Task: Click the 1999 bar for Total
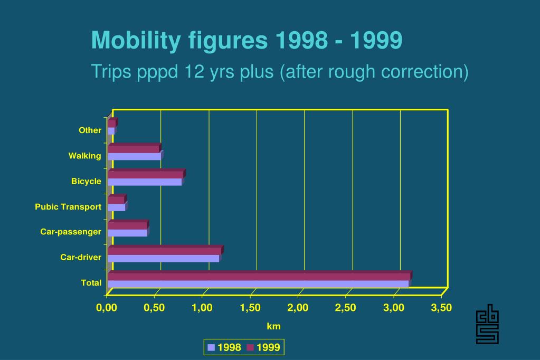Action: tap(259, 277)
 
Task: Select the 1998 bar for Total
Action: tap(258, 284)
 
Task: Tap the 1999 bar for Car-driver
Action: tap(164, 251)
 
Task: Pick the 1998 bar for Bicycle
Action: tap(145, 182)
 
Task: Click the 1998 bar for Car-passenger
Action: tap(127, 233)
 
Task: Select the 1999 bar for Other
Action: tap(111, 124)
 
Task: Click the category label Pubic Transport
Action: tap(68, 207)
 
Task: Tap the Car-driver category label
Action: tap(81, 258)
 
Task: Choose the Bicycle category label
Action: tap(86, 182)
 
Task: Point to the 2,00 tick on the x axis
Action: tap(298, 308)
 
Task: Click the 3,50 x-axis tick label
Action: tap(441, 308)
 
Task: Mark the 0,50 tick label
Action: tap(154, 308)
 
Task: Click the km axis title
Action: tap(273, 327)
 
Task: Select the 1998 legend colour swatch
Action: tap(211, 347)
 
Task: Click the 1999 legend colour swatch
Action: tap(250, 347)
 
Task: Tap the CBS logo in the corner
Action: tap(487, 324)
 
